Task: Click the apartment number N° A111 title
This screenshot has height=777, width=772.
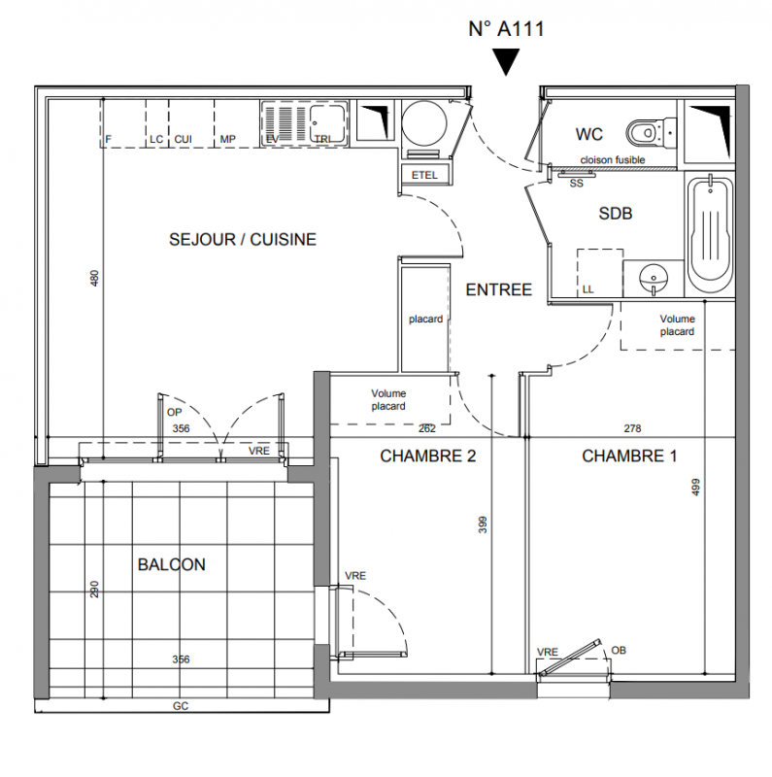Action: pyautogui.click(x=506, y=29)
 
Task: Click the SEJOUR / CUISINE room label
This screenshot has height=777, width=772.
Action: pyautogui.click(x=243, y=239)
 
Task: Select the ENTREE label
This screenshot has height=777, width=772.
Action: pyautogui.click(x=498, y=289)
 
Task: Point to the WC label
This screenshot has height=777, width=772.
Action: pyautogui.click(x=589, y=133)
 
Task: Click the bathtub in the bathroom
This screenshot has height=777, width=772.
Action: pyautogui.click(x=709, y=237)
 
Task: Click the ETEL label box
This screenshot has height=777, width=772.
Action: pyautogui.click(x=424, y=175)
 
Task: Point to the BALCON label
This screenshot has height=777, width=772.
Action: pyautogui.click(x=172, y=564)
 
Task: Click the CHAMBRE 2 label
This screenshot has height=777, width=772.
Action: pyautogui.click(x=427, y=456)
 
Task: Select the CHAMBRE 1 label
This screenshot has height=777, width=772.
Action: pyautogui.click(x=629, y=456)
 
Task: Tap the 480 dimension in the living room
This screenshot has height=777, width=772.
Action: pyautogui.click(x=94, y=278)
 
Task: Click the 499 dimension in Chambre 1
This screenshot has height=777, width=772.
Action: pyautogui.click(x=695, y=487)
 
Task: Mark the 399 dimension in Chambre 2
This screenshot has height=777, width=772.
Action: pyautogui.click(x=483, y=524)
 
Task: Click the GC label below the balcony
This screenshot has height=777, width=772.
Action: pyautogui.click(x=180, y=706)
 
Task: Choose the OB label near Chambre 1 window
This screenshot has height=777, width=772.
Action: pyautogui.click(x=619, y=650)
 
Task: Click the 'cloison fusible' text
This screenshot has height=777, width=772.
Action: pyautogui.click(x=613, y=159)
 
